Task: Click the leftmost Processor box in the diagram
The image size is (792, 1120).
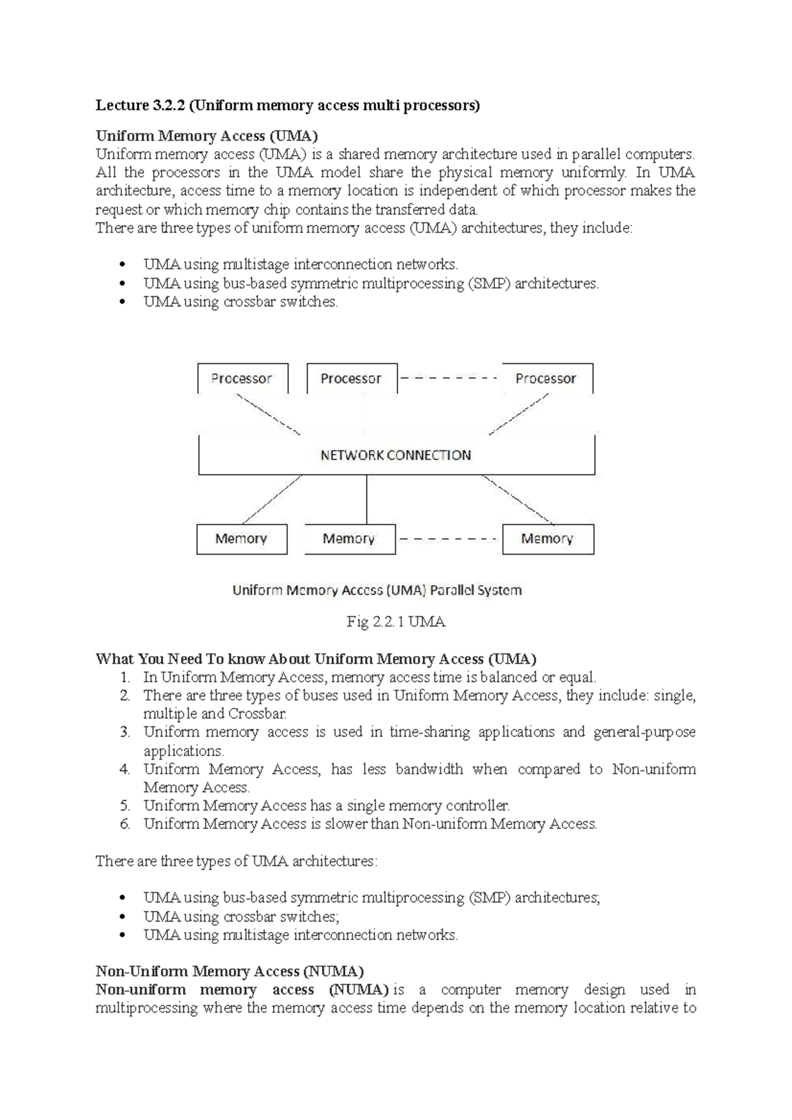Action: tap(242, 379)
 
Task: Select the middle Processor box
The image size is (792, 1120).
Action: tap(352, 379)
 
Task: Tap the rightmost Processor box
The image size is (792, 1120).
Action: tap(546, 379)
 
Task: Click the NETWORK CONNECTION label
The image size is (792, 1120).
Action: tap(396, 455)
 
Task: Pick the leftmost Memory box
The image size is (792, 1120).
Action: tap(242, 539)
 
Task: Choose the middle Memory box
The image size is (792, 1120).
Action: tap(349, 539)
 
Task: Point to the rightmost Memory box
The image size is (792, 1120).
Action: tap(548, 539)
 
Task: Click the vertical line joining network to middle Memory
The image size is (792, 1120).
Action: tap(366, 499)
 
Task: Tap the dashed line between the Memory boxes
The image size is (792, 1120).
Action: tap(448, 540)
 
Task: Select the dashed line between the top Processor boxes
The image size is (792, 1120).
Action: tap(449, 379)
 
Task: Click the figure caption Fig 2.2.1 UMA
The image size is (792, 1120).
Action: tap(396, 621)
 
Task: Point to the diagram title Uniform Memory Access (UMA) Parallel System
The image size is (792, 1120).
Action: tap(377, 590)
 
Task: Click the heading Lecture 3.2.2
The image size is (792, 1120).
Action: tap(288, 105)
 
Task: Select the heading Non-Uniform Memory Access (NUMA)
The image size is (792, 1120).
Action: tap(230, 971)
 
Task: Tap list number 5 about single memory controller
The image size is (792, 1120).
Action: tap(125, 805)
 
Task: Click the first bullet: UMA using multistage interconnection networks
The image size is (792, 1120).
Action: tap(300, 264)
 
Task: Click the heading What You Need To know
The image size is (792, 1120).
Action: tap(315, 658)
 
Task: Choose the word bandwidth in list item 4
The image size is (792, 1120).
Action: tap(429, 769)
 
